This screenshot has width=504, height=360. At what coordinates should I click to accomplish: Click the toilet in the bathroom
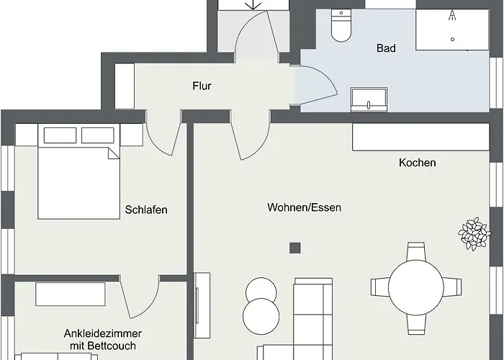coord(339,27)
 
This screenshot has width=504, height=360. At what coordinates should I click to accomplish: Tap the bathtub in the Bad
coord(452,30)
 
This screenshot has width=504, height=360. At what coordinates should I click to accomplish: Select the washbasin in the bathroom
coord(369,99)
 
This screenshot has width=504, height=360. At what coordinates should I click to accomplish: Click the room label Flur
coord(202,86)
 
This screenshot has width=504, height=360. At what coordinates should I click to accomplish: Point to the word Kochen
coord(417,163)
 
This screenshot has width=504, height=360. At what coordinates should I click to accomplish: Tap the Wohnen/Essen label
coord(304,207)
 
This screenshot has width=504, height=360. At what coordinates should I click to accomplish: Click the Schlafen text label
coord(145,210)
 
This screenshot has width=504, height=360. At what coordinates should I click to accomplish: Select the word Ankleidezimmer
coord(102,333)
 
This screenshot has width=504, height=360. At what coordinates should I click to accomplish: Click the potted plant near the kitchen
coord(472,233)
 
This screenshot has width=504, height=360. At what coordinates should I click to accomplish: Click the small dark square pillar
coord(294,248)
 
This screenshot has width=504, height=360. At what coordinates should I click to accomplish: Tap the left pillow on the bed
coord(59,135)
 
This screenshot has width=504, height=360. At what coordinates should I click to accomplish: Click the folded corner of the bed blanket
coord(113,153)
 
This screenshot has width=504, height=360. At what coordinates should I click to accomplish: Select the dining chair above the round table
coord(416,252)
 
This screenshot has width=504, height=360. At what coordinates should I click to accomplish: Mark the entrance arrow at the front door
coord(253,4)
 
